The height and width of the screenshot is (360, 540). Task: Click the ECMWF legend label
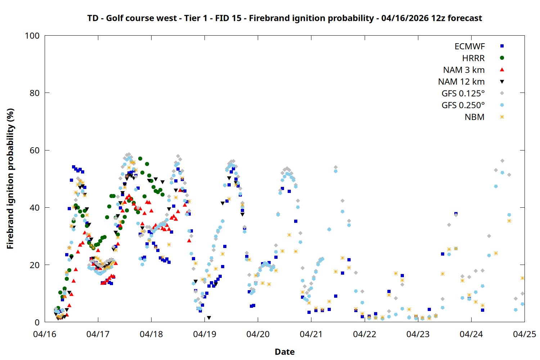(x=469, y=46)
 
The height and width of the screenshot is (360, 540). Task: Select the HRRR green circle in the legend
(x=502, y=58)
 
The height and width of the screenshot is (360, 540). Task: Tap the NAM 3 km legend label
(x=464, y=70)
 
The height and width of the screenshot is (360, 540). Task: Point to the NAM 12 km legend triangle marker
(x=502, y=82)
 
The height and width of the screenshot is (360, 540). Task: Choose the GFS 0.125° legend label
(x=463, y=94)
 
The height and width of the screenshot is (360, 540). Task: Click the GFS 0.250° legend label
(x=463, y=105)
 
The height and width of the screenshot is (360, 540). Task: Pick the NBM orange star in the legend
(x=502, y=117)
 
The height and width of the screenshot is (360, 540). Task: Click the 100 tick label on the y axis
(x=32, y=36)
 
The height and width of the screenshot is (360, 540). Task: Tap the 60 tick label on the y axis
(x=35, y=150)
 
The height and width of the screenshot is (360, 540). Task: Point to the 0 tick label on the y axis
(x=37, y=322)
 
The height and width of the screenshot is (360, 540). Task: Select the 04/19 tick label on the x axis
(x=204, y=334)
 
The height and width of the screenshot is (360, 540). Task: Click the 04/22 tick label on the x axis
(x=364, y=334)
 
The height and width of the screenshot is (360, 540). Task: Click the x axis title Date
(x=284, y=352)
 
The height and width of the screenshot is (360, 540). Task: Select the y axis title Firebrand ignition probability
(x=10, y=179)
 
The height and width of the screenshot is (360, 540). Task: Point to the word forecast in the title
(x=464, y=18)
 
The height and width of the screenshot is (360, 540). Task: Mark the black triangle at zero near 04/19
(x=209, y=318)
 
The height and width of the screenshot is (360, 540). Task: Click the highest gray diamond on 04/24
(x=502, y=161)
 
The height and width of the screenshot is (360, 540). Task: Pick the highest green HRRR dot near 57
(x=140, y=158)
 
